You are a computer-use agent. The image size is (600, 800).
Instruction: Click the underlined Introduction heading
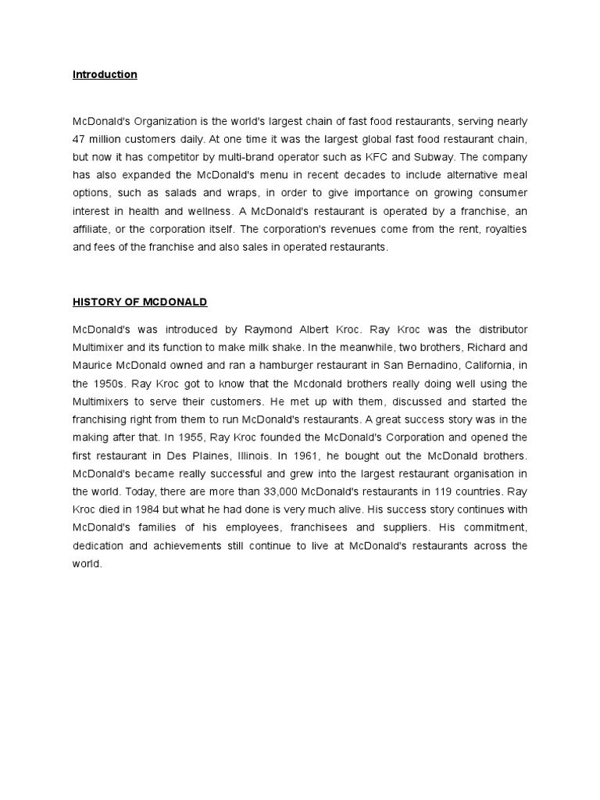pyautogui.click(x=105, y=75)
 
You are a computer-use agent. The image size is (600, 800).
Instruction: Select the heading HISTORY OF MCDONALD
pyautogui.click(x=140, y=302)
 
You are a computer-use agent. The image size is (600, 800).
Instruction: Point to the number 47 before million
pyautogui.click(x=80, y=139)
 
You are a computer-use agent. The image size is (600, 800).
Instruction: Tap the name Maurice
pyautogui.click(x=95, y=366)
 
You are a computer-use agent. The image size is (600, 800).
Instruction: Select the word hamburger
pyautogui.click(x=267, y=366)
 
